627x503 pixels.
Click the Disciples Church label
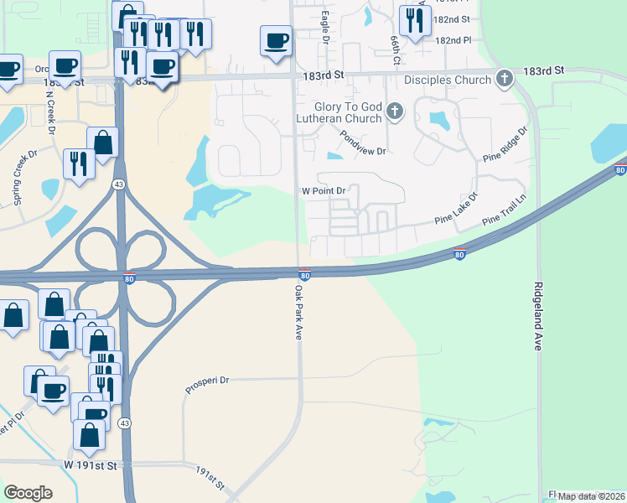coord(447,80)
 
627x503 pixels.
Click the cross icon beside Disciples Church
coord(504,80)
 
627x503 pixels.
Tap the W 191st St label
coord(93,463)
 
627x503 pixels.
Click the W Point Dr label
coord(324,191)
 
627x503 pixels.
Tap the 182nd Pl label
coord(453,40)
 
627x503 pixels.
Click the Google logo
coord(28,493)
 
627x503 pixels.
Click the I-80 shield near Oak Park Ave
coord(304,274)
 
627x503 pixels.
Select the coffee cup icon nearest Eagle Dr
coord(277,41)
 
